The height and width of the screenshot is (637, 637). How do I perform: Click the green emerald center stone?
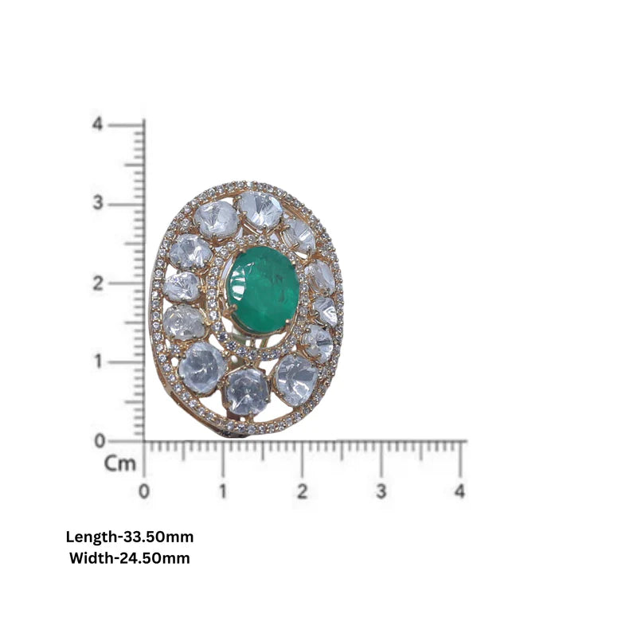pos(263,290)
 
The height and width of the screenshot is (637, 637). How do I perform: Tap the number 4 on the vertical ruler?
pos(97,124)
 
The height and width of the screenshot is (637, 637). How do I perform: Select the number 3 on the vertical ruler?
pos(98,202)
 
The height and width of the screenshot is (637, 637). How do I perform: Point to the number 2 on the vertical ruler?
pos(98,283)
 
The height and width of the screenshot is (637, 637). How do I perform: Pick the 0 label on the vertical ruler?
pos(99,441)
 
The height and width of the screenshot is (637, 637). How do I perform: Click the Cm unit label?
pos(120,463)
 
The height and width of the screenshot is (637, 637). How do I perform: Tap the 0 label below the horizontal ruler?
pos(144,491)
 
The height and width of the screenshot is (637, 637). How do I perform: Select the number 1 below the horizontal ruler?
pos(223,491)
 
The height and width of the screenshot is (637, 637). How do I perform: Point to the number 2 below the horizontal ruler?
pos(302,491)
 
